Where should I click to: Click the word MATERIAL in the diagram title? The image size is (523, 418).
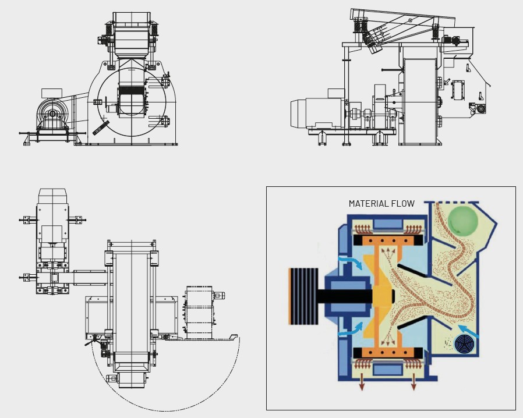[x=367, y=203]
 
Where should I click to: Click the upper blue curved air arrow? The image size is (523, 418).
[x=350, y=261]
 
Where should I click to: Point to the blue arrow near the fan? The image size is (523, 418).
[x=469, y=330]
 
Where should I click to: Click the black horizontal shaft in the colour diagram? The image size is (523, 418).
[x=345, y=296]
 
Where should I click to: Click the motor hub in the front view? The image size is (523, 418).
[x=52, y=114]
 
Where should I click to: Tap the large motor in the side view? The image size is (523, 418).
[x=317, y=113]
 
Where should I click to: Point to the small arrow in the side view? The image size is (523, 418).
[x=447, y=82]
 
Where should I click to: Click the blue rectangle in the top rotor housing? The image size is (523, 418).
[x=387, y=224]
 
